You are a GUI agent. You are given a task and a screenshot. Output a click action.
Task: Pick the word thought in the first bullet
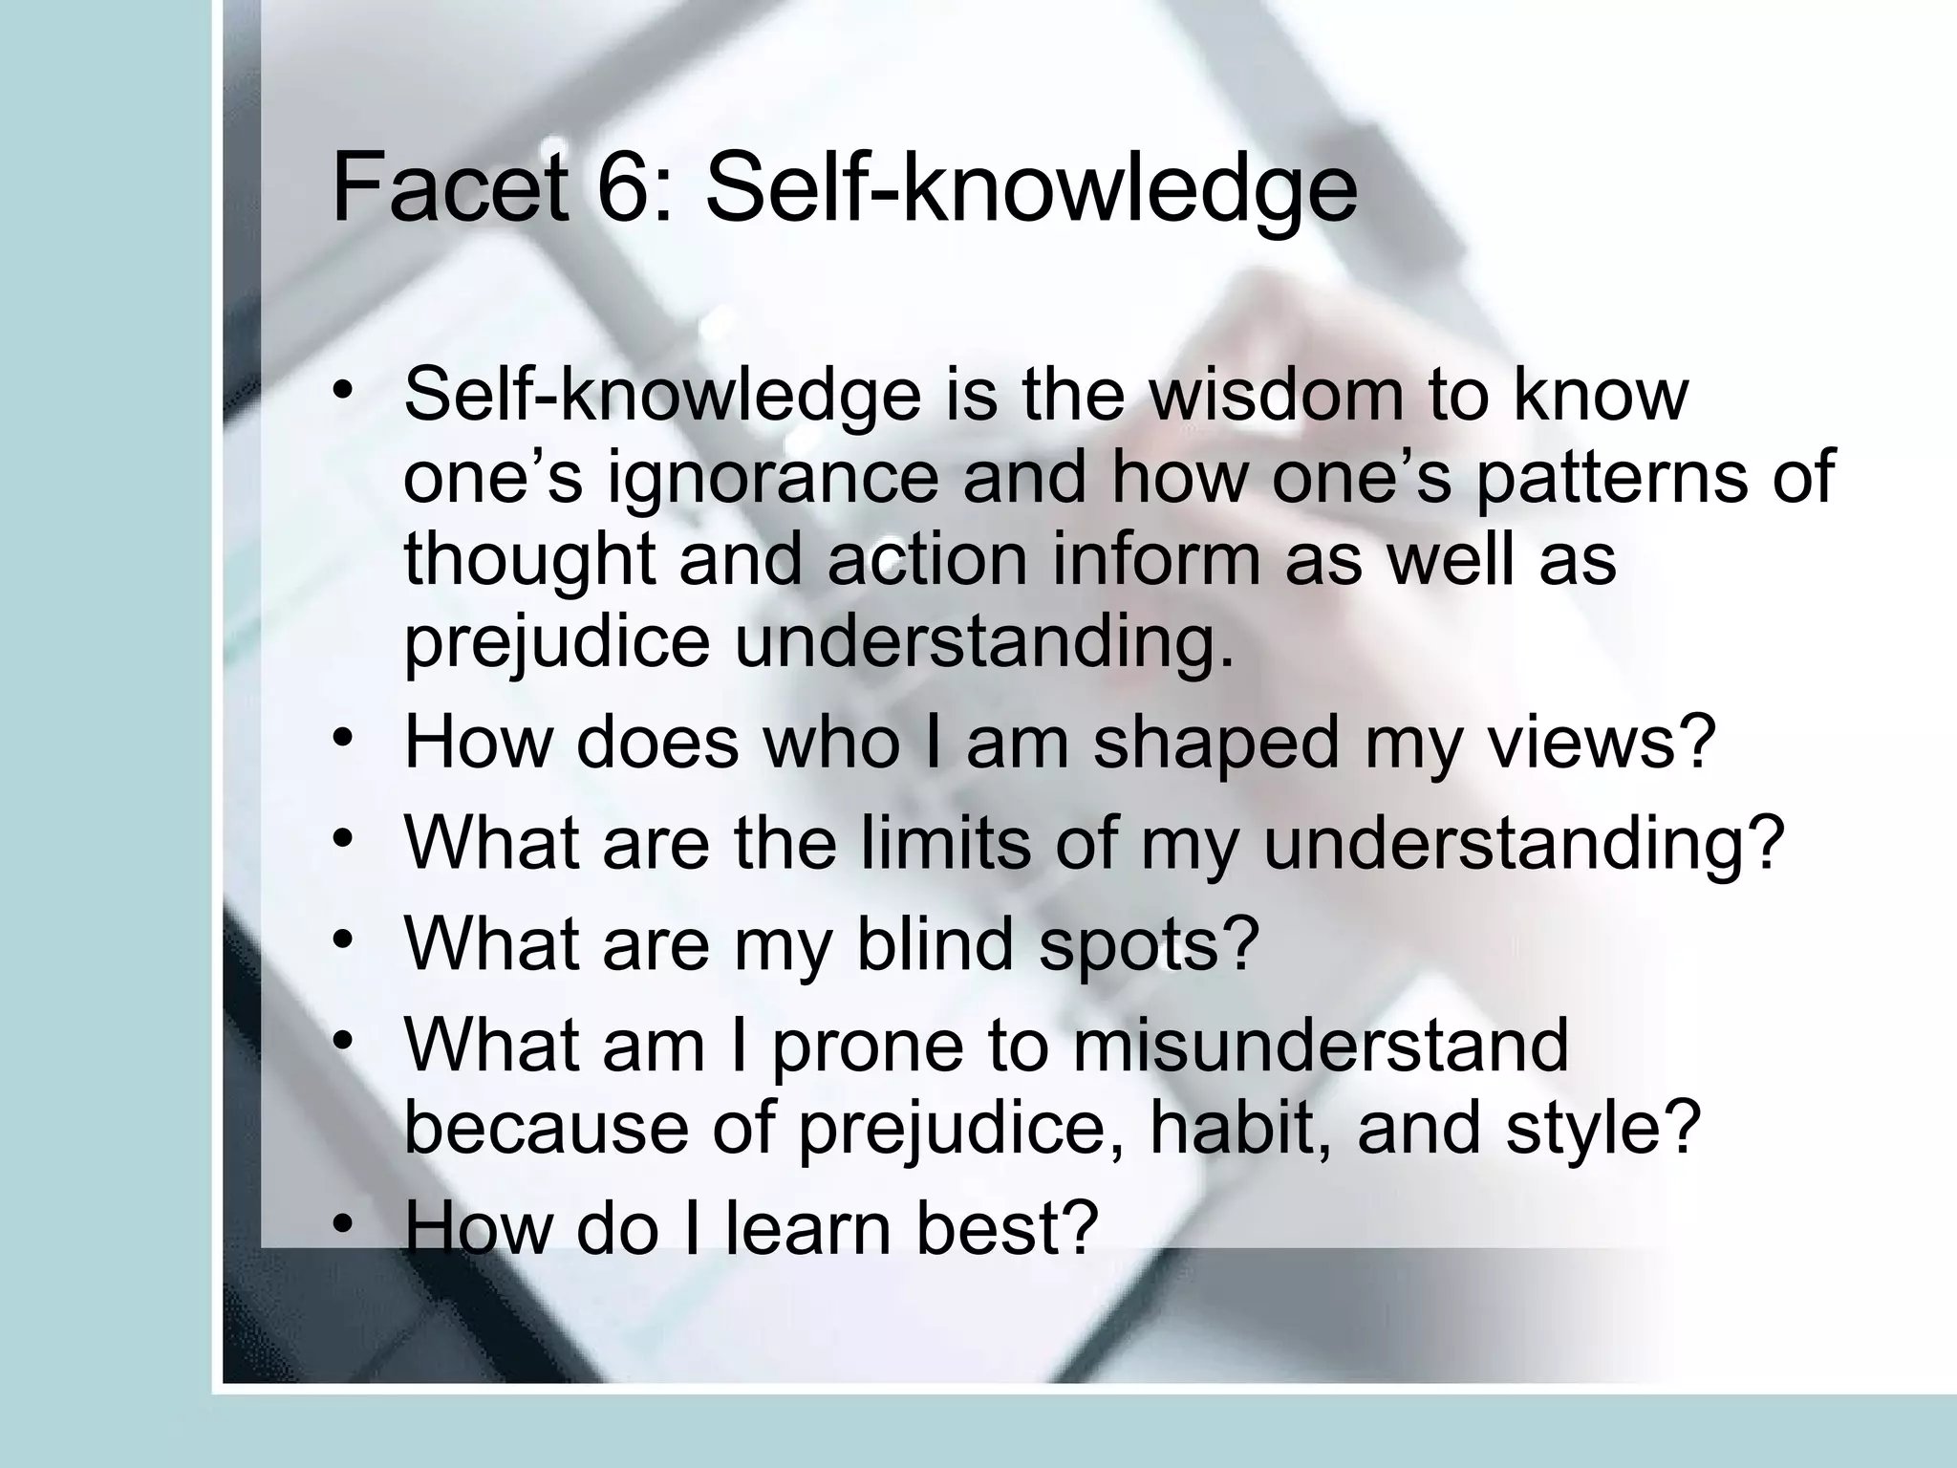pos(529,559)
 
